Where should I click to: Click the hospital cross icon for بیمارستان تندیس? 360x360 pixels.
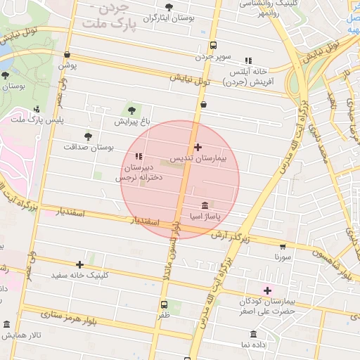click(x=198, y=148)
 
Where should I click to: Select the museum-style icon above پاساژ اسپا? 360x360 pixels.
click(x=204, y=206)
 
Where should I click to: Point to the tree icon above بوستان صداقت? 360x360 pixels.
click(x=88, y=136)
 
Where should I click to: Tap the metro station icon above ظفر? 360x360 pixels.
click(x=164, y=305)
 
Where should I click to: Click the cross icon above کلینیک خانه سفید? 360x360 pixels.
click(x=79, y=264)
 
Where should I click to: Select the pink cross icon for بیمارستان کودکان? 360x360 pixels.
click(x=267, y=290)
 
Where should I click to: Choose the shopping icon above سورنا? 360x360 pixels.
click(x=283, y=247)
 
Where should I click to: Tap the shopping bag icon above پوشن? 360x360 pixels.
click(x=67, y=54)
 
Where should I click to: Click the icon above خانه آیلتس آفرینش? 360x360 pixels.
click(x=247, y=61)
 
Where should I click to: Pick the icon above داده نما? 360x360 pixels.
click(x=253, y=333)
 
